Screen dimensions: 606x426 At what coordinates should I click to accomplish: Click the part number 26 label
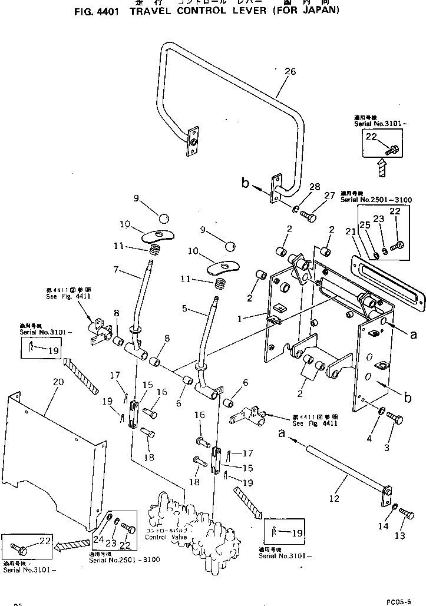click(289, 72)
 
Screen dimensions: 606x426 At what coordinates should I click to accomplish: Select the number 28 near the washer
click(315, 187)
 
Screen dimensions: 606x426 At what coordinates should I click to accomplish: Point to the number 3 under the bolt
click(387, 448)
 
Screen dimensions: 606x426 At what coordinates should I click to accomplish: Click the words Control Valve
click(159, 537)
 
